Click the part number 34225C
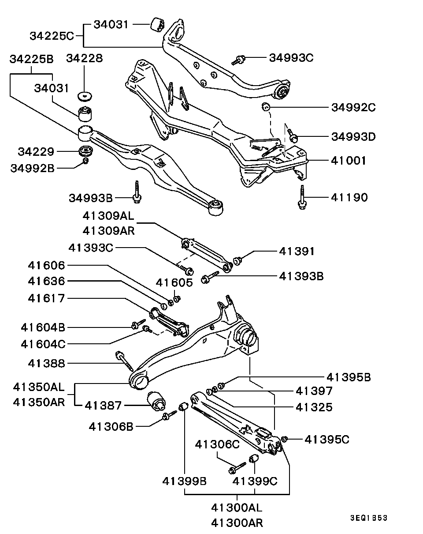click(x=52, y=36)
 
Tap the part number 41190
click(x=349, y=197)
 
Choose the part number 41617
click(x=46, y=298)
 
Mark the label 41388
click(x=46, y=363)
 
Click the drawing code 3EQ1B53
click(x=369, y=518)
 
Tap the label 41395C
click(x=327, y=439)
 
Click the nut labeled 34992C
click(x=265, y=106)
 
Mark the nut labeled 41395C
click(x=285, y=439)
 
